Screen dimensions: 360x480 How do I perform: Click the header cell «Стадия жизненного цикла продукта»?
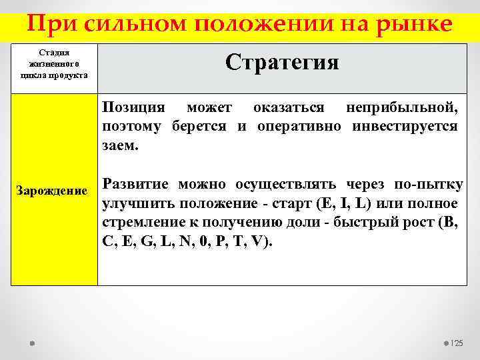coord(54,63)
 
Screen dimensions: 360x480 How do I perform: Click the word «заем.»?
coord(121,145)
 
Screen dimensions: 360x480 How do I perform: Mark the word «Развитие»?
coord(136,185)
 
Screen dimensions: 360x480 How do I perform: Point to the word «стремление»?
coord(142,222)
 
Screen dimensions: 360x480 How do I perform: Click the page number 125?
coord(457,343)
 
